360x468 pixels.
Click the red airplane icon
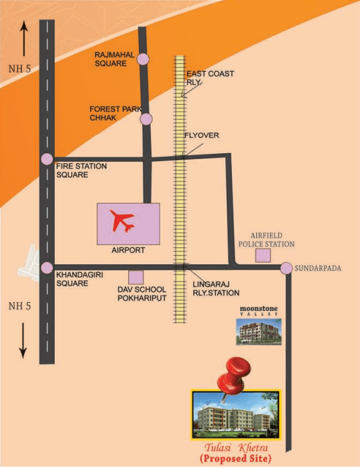pyautogui.click(x=123, y=221)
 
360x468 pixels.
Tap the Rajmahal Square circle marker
pyautogui.click(x=143, y=59)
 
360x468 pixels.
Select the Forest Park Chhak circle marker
pyautogui.click(x=146, y=119)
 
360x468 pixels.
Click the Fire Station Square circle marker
pyautogui.click(x=47, y=158)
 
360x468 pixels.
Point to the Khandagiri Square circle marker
pyautogui.click(x=47, y=268)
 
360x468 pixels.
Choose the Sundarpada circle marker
pyautogui.click(x=286, y=268)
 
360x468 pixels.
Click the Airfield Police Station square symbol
pyautogui.click(x=263, y=255)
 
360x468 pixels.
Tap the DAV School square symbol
pyautogui.click(x=136, y=277)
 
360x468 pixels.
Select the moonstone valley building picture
pyautogui.click(x=259, y=332)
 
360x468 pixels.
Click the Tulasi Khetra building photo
pyautogui.click(x=236, y=415)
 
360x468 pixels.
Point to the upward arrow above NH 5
pyautogui.click(x=24, y=38)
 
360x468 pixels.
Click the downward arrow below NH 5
pyautogui.click(x=23, y=340)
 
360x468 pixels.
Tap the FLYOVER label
pyautogui.click(x=201, y=135)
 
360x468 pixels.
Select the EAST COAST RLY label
pyautogui.click(x=210, y=78)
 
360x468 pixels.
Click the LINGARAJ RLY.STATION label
pyautogui.click(x=216, y=289)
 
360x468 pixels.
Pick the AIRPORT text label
pyautogui.click(x=128, y=250)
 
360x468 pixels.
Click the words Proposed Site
pyautogui.click(x=236, y=458)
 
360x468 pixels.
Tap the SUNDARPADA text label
pyautogui.click(x=318, y=268)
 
